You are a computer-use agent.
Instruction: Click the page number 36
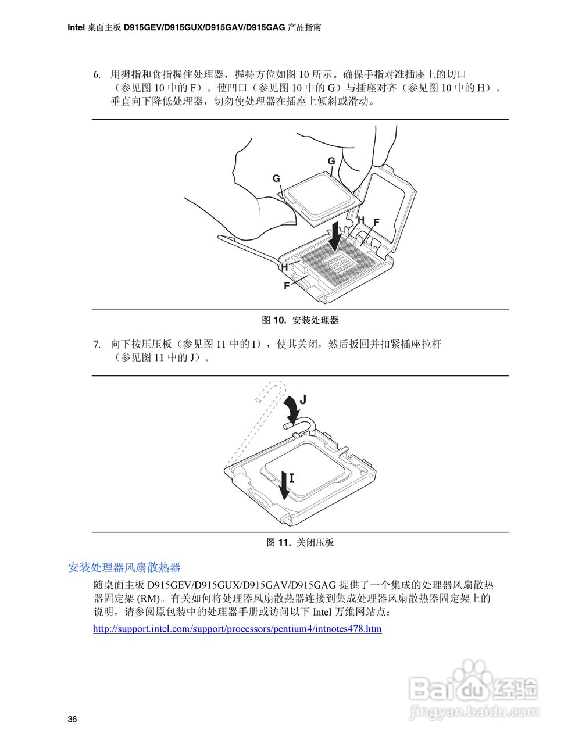72,720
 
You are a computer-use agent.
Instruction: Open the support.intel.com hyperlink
237,629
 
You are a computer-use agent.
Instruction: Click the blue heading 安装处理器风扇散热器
124,567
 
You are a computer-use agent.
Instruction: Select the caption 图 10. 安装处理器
300,320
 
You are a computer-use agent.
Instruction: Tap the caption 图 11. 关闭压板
300,543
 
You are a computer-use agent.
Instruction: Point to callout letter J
303,400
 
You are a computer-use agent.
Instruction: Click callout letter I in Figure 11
292,478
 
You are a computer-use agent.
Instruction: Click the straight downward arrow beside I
283,486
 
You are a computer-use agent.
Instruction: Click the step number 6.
97,75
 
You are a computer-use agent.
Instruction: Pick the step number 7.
97,345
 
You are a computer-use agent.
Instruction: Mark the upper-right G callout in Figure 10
331,161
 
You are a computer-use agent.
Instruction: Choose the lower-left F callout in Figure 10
286,286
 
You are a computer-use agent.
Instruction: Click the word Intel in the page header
76,27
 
